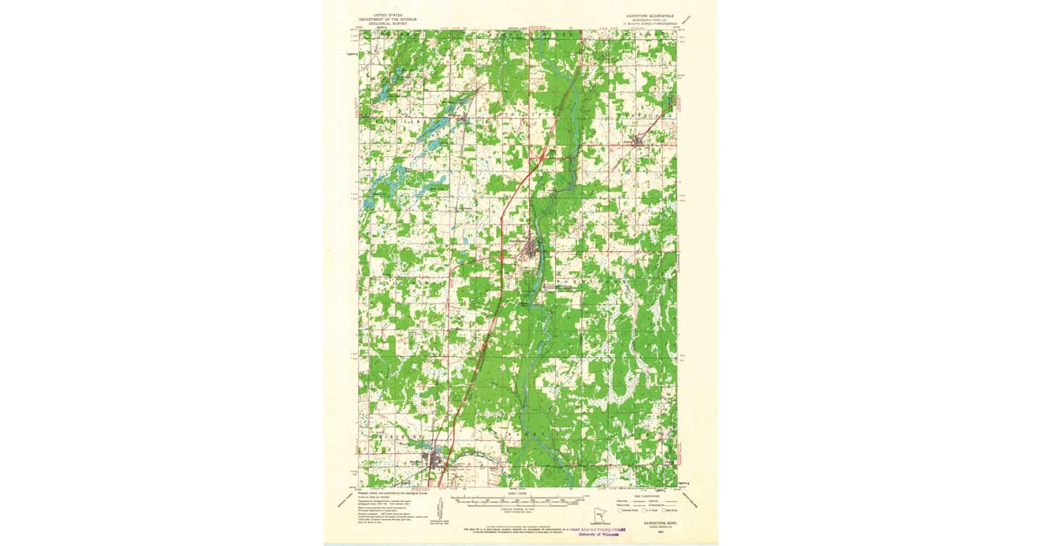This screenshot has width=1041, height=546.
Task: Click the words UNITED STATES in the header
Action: pyautogui.click(x=388, y=15)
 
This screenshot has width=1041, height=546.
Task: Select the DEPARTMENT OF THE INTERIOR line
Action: pyautogui.click(x=388, y=19)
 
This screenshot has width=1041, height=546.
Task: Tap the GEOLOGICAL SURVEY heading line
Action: pyautogui.click(x=388, y=23)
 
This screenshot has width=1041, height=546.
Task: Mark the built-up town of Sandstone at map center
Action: pyautogui.click(x=529, y=252)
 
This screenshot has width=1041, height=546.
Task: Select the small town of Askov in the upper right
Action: pyautogui.click(x=639, y=140)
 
